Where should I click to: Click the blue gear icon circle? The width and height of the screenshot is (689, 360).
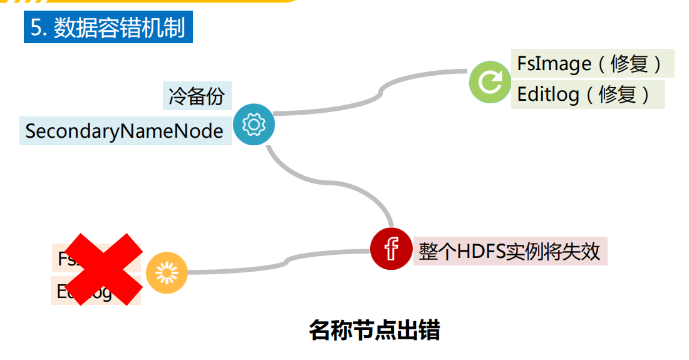254,125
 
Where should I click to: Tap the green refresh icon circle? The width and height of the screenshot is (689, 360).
490,82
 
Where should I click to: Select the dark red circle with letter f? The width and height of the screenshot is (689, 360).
391,249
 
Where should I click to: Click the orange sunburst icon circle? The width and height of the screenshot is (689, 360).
167,272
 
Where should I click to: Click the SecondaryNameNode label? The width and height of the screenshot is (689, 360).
125,131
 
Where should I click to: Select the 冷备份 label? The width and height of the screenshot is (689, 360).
197,96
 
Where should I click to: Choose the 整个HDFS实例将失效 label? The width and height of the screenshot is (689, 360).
509,251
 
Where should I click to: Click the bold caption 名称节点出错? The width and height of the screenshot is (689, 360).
374,330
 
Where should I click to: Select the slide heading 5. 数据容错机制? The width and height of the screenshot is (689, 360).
108,28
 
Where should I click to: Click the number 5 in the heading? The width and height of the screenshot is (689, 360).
36,28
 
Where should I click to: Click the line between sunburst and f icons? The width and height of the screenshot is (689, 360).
282,261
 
